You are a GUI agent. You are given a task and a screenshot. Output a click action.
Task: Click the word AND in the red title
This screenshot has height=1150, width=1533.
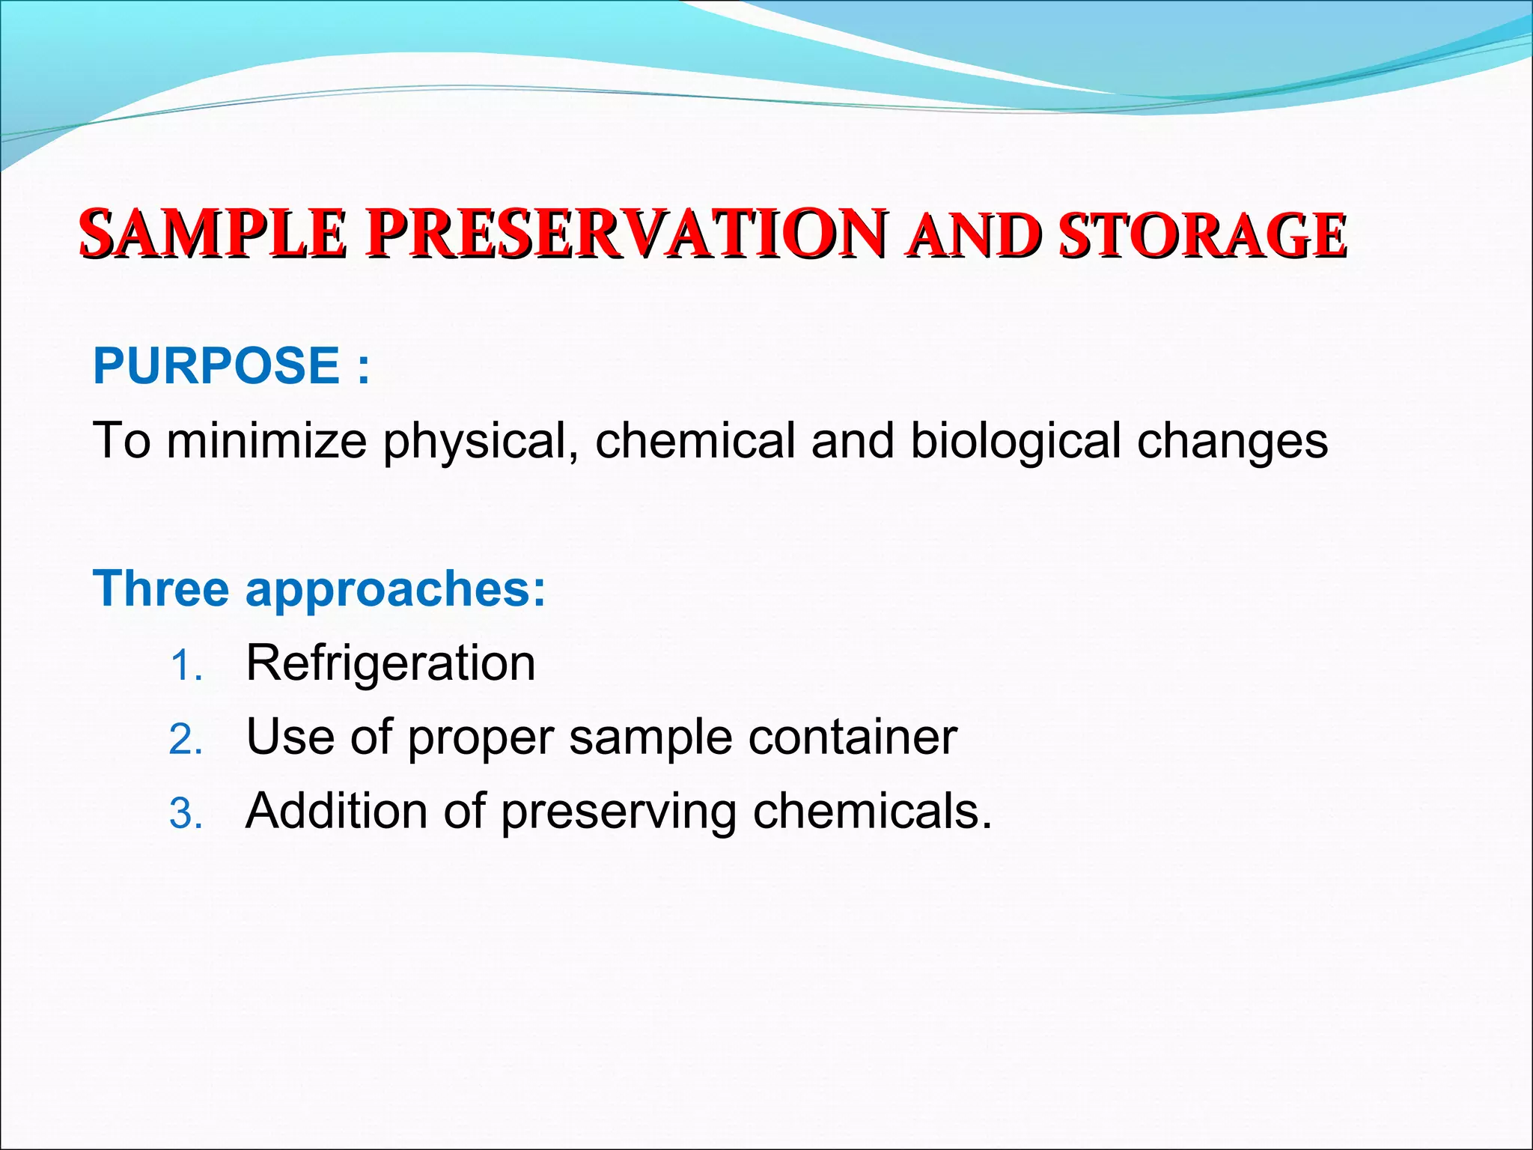coord(972,236)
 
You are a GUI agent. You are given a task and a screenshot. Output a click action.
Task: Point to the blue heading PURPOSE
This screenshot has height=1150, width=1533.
coord(216,365)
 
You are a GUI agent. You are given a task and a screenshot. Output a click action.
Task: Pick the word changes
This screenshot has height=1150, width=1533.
coord(1232,442)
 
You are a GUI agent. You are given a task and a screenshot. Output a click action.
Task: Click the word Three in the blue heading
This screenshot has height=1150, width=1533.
coord(161,588)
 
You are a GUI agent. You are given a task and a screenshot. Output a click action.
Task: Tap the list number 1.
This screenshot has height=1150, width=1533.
coord(185,666)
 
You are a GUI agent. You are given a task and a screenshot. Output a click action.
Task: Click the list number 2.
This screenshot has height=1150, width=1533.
coord(185,740)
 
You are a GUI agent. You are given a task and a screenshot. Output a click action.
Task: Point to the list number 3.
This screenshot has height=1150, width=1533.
coord(185,814)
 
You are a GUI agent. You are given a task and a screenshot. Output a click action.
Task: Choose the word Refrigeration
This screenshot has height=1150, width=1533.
coord(390,664)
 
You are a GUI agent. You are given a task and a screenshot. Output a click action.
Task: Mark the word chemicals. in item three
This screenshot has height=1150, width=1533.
coord(872,811)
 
